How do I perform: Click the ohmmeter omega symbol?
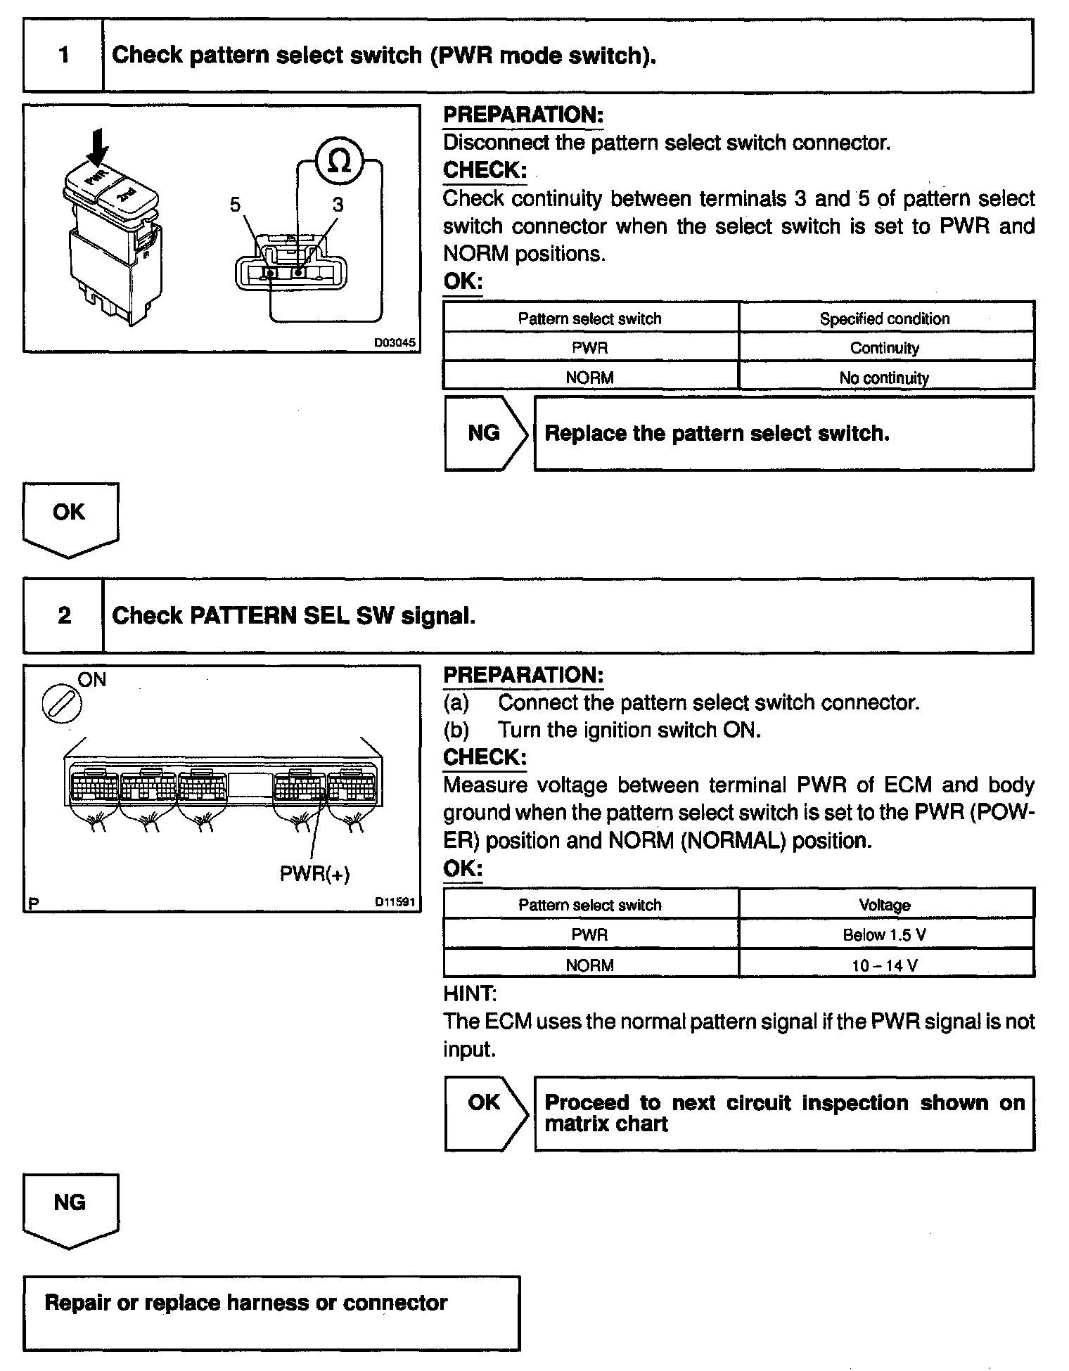click(339, 162)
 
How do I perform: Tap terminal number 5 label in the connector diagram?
click(236, 205)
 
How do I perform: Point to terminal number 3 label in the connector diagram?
click(338, 205)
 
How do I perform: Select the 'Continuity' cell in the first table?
click(885, 348)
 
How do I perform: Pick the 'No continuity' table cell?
click(885, 378)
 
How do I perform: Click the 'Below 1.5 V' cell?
click(885, 935)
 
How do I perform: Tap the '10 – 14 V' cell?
click(885, 965)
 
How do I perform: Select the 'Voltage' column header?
click(885, 905)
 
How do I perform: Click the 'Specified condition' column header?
click(885, 318)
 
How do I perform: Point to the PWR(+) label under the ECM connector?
click(315, 874)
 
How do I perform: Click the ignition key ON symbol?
click(62, 704)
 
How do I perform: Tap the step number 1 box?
click(64, 55)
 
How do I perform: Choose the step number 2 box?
click(64, 616)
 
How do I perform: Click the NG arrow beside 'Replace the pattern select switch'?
click(485, 433)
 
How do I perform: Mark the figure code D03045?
click(394, 343)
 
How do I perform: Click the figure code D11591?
click(395, 902)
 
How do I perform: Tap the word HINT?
click(470, 993)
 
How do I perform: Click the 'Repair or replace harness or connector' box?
click(271, 1312)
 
